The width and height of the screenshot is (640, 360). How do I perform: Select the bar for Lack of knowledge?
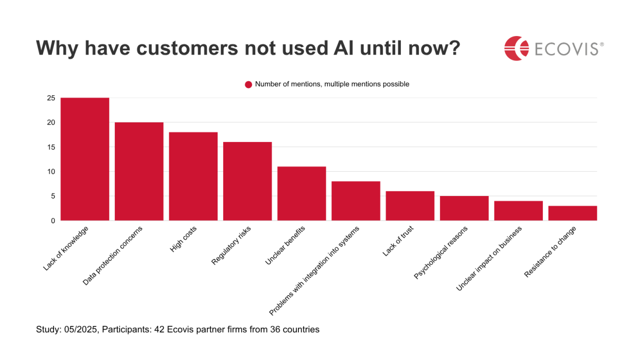[x=85, y=159]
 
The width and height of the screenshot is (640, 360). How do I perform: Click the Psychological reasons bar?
[x=464, y=208]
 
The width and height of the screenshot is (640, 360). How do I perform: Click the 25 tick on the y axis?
[x=51, y=98]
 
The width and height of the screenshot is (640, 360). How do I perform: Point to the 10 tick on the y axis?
[x=51, y=171]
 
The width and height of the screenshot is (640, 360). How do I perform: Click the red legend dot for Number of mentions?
[x=248, y=84]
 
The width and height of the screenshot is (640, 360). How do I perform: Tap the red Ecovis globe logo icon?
[x=517, y=48]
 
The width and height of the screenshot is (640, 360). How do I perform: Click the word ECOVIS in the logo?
[x=566, y=49]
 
